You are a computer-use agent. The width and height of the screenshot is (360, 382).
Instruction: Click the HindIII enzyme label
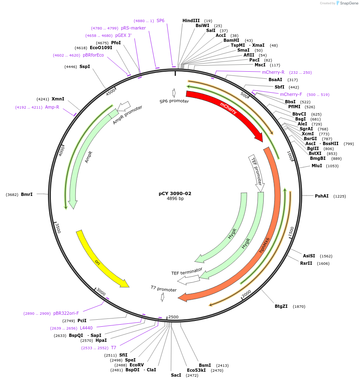tap(191, 20)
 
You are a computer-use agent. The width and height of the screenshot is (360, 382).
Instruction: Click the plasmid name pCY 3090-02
tap(175, 193)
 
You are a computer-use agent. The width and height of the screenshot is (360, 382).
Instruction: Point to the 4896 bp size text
tap(175, 199)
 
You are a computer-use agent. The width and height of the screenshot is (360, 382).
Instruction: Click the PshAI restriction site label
tap(321, 196)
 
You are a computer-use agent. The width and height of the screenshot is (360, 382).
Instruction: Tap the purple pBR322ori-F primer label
tap(66, 313)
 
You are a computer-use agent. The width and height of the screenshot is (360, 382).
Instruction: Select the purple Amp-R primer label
tap(52, 107)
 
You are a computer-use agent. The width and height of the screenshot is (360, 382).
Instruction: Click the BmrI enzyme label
tap(27, 194)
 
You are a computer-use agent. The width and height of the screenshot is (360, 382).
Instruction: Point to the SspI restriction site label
tap(84, 66)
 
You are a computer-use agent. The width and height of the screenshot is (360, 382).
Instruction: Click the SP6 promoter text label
tap(174, 101)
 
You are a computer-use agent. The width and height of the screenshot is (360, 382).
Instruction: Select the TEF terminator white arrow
tap(188, 280)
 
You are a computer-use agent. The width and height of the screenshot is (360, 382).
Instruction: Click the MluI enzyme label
tap(317, 166)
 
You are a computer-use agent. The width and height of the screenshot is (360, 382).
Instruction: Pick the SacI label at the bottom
tap(176, 375)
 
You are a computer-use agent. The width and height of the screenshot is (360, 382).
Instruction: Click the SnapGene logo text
tap(346, 3)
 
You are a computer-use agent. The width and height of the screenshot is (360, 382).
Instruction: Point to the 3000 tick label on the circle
tap(101, 291)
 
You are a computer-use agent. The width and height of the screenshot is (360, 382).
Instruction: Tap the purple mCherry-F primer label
tap(291, 94)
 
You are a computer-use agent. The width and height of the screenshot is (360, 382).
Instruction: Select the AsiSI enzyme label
tap(309, 256)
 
